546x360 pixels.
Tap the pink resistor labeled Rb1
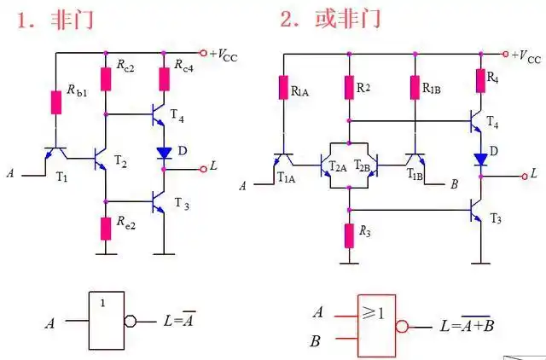click(56, 101)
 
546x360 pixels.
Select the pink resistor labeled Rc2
click(105, 78)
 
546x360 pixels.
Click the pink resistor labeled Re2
click(105, 228)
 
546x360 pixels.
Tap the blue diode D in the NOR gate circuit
click(480, 158)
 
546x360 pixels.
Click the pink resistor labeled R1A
click(282, 87)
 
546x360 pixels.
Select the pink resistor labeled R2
click(348, 87)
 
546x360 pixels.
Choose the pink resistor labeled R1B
click(414, 87)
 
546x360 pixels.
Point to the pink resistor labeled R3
click(348, 233)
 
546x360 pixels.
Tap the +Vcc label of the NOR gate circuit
click(525, 56)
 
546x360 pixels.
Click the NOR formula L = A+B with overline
click(467, 324)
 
